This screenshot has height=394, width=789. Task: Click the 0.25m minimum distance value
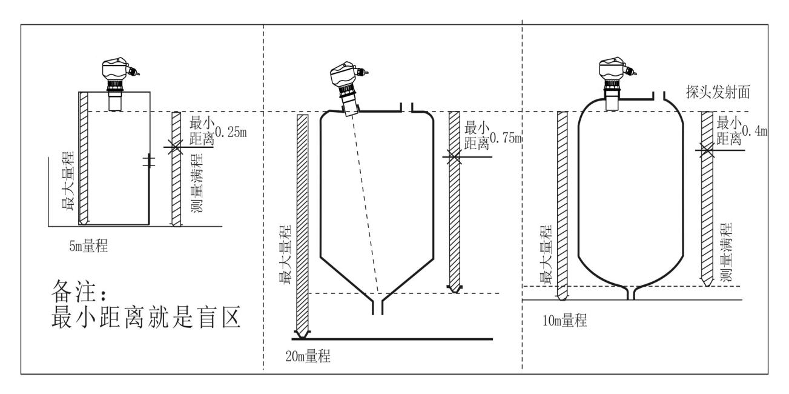click(231, 132)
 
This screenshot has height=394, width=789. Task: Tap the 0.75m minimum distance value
click(506, 138)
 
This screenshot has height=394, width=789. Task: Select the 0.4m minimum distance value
click(755, 131)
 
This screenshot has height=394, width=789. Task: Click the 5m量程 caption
click(88, 246)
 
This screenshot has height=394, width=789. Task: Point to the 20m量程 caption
click(308, 356)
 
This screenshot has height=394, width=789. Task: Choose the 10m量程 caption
click(564, 320)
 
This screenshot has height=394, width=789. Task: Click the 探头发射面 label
click(718, 92)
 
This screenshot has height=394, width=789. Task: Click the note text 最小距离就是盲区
click(146, 316)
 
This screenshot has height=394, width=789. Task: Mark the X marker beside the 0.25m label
click(175, 147)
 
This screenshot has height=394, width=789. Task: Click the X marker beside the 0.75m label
click(454, 156)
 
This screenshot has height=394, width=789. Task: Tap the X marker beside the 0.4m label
click(707, 150)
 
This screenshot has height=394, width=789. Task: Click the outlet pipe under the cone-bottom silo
click(378, 307)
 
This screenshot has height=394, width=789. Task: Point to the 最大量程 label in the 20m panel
click(285, 255)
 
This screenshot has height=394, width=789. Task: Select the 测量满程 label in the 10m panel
click(726, 252)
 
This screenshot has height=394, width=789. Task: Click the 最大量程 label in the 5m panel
click(68, 181)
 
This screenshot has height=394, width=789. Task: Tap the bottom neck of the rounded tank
click(631, 293)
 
